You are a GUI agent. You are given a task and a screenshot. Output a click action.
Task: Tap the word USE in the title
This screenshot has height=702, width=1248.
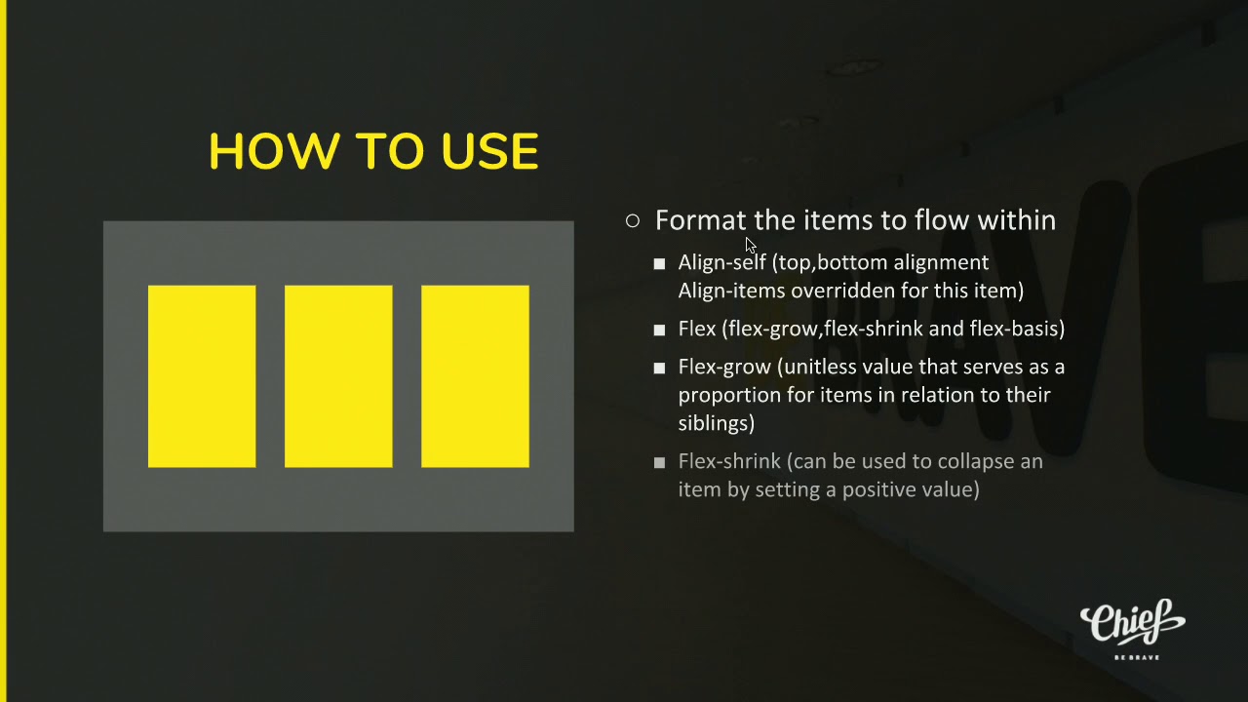[489, 151]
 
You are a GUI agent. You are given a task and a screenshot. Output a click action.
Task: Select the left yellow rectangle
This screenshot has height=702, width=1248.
[202, 376]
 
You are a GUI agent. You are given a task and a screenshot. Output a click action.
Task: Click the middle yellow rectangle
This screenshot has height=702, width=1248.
[338, 376]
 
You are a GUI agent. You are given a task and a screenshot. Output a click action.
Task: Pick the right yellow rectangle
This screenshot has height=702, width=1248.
[475, 376]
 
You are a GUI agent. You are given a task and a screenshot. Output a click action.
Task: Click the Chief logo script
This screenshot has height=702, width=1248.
[1132, 622]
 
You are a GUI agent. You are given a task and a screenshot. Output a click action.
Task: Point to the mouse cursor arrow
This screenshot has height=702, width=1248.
[751, 245]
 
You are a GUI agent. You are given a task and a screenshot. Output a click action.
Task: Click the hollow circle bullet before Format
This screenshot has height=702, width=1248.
[633, 220]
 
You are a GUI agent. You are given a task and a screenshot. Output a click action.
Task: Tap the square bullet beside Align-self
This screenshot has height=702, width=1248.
[659, 263]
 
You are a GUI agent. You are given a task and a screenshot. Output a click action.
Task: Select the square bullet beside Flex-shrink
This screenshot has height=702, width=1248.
[659, 462]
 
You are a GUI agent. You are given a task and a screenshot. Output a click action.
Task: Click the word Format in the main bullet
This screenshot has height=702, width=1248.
[700, 220]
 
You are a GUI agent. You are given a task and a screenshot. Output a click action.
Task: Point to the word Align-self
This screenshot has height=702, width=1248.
[721, 262]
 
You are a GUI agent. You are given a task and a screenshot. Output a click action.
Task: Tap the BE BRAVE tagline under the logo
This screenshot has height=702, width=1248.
[1137, 657]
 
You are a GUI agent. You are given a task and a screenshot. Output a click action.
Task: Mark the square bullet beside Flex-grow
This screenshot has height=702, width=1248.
[659, 368]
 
